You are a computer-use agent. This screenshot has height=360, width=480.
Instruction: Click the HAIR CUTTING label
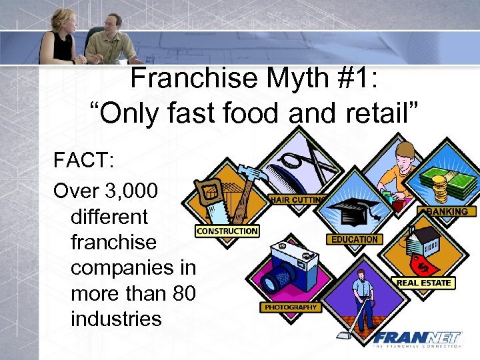(297, 199)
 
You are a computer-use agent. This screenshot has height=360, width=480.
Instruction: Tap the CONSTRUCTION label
(227, 231)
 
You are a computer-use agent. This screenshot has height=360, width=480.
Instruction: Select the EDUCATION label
(354, 239)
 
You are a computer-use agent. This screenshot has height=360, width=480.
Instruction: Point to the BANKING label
(447, 211)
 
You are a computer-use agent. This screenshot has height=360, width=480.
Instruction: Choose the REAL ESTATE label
(424, 283)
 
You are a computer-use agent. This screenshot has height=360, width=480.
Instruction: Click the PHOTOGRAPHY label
(291, 307)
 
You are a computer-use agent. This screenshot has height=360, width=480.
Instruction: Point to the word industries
(116, 318)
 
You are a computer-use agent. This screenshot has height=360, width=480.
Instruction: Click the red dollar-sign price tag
(425, 265)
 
